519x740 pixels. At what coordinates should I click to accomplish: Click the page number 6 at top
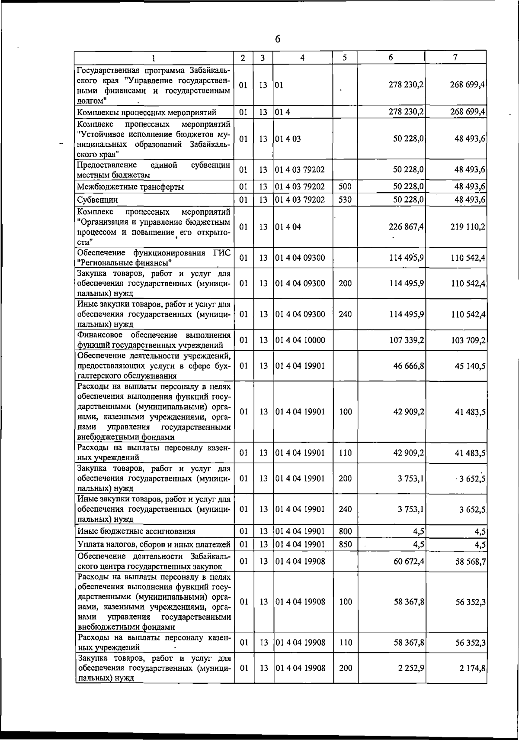click(278, 39)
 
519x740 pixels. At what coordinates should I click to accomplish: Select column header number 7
click(455, 57)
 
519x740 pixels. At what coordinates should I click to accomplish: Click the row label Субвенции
click(97, 200)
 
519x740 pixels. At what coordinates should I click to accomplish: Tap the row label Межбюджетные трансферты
click(130, 187)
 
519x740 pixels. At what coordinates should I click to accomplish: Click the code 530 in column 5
click(345, 200)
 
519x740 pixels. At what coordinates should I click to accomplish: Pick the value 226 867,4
click(406, 226)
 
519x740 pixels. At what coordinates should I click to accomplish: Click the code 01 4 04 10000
click(300, 340)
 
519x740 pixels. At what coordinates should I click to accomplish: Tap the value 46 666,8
click(408, 366)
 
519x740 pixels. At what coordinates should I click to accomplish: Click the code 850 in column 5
click(345, 544)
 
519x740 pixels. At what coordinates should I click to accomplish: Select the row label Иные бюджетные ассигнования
click(136, 531)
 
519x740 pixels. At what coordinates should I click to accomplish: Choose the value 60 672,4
click(408, 562)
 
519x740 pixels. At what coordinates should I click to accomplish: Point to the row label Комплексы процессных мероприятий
click(147, 113)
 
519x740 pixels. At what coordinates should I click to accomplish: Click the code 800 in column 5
click(345, 531)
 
